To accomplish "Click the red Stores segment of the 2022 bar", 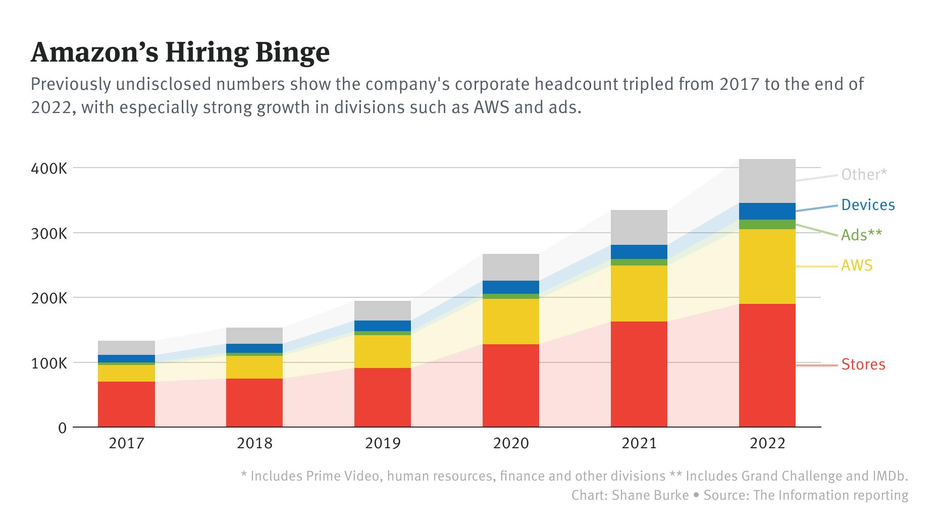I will (767, 365).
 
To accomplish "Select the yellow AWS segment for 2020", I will (510, 322).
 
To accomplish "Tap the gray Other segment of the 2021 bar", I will (639, 227).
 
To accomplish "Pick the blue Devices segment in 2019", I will (382, 326).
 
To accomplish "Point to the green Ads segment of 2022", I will (767, 224).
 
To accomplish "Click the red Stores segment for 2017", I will (126, 404).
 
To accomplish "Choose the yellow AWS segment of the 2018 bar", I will (254, 367).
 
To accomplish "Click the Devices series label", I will (868, 205).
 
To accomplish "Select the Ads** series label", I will (861, 235).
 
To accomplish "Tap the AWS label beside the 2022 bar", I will (856, 266).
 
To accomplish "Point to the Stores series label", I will (863, 364).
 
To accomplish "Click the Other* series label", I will (864, 175).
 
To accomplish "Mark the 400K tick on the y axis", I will (49, 168).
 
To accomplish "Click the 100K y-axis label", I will (49, 363).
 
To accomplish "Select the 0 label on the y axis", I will (63, 428).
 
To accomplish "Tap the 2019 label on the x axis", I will (382, 443).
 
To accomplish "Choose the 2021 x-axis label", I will (639, 443).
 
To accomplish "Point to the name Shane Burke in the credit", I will (650, 495).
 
